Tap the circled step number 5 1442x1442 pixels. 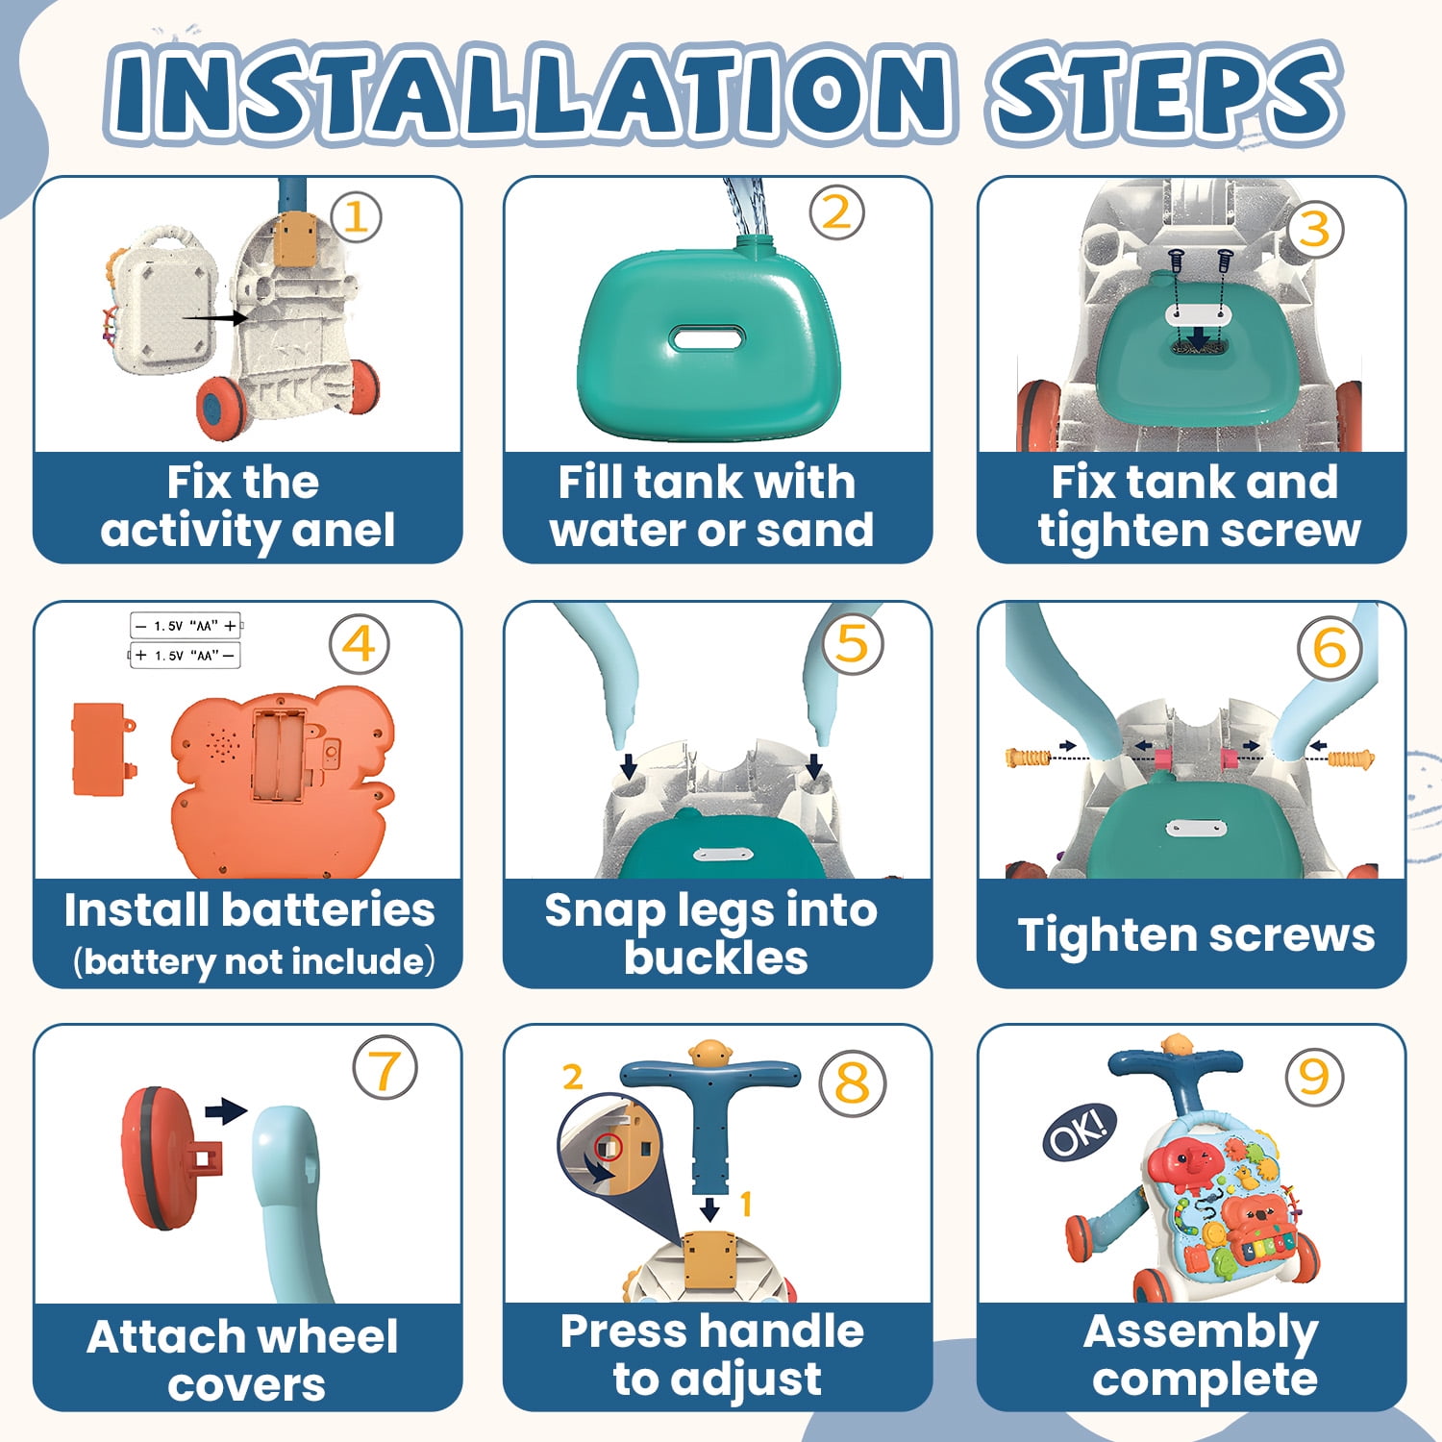pyautogui.click(x=853, y=643)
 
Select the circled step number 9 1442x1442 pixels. pyautogui.click(x=1313, y=1077)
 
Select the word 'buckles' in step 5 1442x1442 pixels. pyautogui.click(x=716, y=957)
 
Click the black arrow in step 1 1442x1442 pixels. pyautogui.click(x=214, y=316)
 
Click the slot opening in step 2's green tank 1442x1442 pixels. pyautogui.click(x=708, y=338)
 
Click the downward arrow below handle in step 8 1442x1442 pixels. pyautogui.click(x=709, y=1207)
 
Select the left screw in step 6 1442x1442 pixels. pyautogui.click(x=1028, y=758)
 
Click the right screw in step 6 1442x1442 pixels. pyautogui.click(x=1351, y=759)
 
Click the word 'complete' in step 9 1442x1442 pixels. pyautogui.click(x=1205, y=1380)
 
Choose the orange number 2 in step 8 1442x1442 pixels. pyautogui.click(x=573, y=1077)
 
